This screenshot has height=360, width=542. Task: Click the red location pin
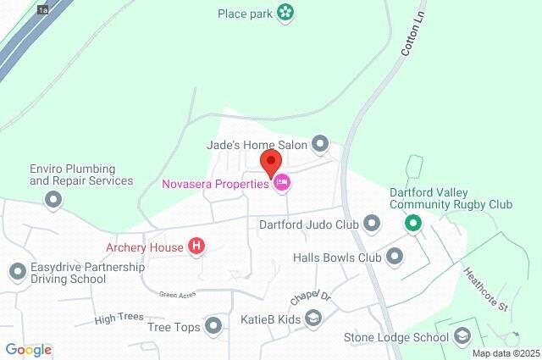click(270, 161)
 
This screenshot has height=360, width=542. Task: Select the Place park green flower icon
click(285, 13)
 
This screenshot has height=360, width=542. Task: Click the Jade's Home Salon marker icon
click(320, 145)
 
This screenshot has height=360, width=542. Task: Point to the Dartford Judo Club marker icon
click(372, 224)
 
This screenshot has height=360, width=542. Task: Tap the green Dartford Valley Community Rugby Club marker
click(412, 224)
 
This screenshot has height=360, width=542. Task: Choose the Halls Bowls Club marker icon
click(395, 257)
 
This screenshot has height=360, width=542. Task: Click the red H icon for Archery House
click(197, 247)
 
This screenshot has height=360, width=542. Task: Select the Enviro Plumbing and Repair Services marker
click(53, 200)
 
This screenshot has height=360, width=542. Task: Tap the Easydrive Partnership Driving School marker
click(17, 272)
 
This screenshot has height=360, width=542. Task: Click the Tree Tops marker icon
click(213, 326)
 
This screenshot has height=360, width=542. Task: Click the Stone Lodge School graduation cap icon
click(462, 337)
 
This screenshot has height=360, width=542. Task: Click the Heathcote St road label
click(484, 288)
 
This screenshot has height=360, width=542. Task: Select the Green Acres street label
click(178, 294)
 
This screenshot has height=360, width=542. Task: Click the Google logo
click(28, 350)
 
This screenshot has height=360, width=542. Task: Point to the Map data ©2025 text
click(506, 353)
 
